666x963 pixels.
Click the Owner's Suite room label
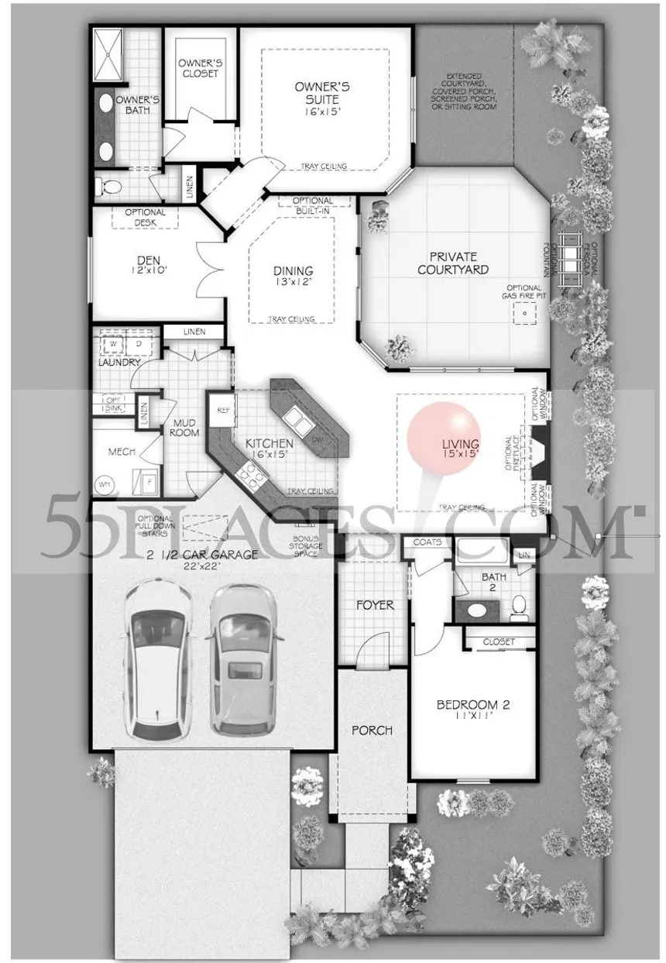322,94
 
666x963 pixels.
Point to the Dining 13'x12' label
293,277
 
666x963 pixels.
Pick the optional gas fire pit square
524,312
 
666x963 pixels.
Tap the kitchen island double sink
296,421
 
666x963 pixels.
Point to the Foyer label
374,604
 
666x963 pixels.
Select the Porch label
372,730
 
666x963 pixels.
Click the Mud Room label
183,428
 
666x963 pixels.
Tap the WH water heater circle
104,484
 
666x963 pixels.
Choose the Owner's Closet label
198,68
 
